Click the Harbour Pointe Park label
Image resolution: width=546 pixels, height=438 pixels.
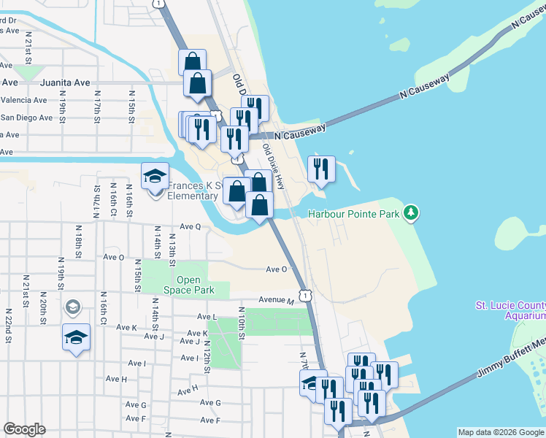pyautogui.click(x=354, y=214)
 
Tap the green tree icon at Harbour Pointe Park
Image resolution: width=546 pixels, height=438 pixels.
pyautogui.click(x=412, y=213)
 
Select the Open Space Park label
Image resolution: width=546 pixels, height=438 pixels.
pyautogui.click(x=194, y=285)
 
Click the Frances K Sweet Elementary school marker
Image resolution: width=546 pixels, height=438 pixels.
pyautogui.click(x=155, y=177)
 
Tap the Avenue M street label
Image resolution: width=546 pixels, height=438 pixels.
pyautogui.click(x=276, y=301)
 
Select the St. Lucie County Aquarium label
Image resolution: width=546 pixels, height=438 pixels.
pyautogui.click(x=510, y=310)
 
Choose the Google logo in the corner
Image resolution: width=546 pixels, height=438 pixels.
pyautogui.click(x=25, y=429)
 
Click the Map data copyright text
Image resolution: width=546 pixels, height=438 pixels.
pyautogui.click(x=501, y=432)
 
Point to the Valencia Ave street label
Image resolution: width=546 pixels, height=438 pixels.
pyautogui.click(x=24, y=100)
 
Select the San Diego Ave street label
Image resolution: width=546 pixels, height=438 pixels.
pyautogui.click(x=26, y=118)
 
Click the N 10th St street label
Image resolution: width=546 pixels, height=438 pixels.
pyautogui.click(x=240, y=321)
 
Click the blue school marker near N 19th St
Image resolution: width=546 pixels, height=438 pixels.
pyautogui.click(x=76, y=338)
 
